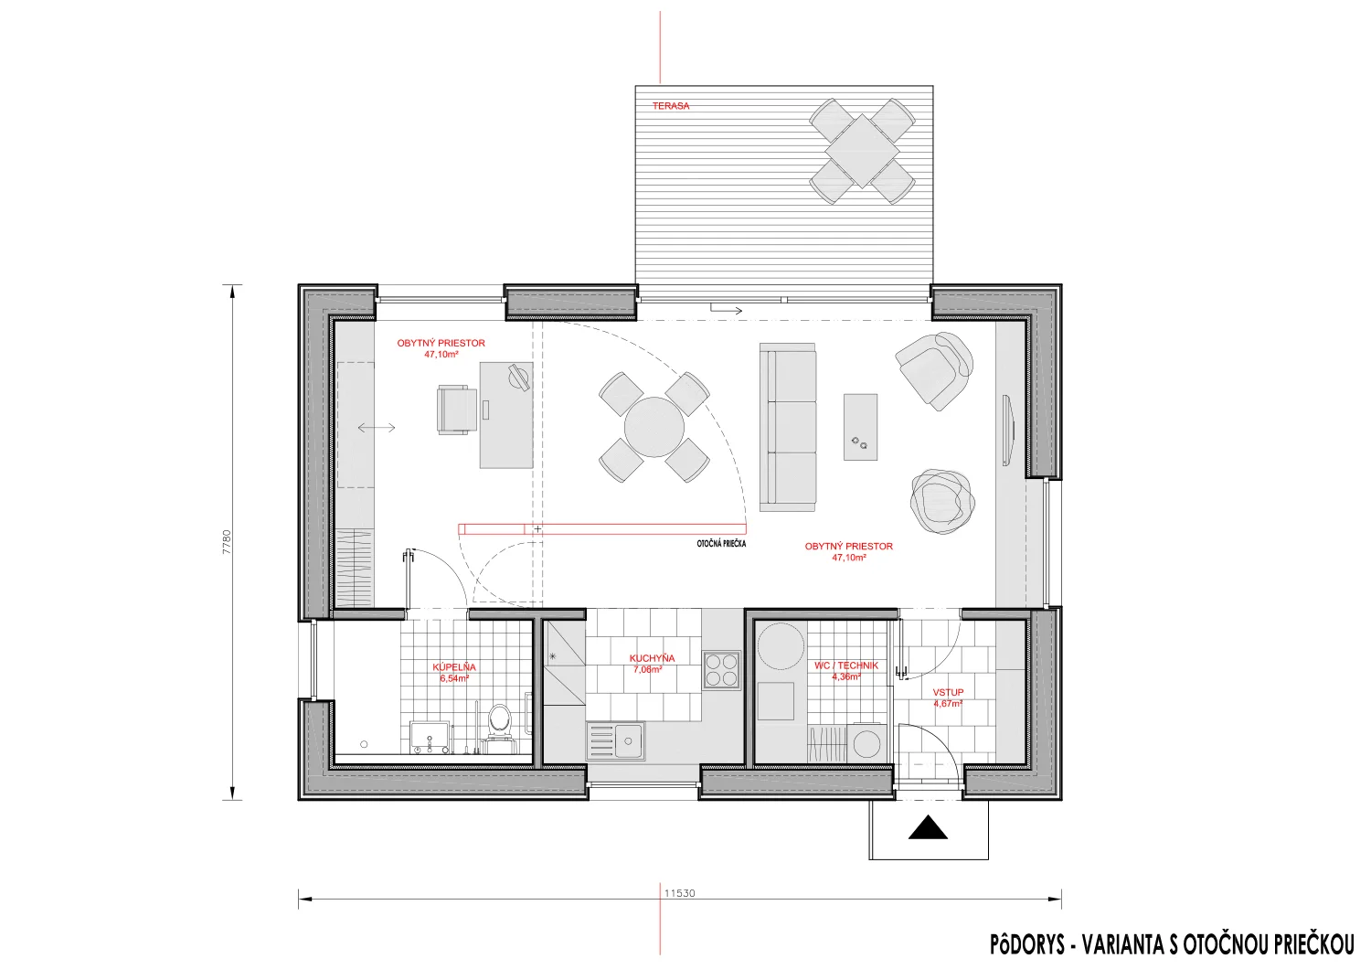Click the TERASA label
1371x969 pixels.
click(x=670, y=106)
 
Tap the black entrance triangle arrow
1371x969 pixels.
click(x=928, y=827)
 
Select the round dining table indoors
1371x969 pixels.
click(x=654, y=427)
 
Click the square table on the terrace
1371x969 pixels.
click(x=862, y=151)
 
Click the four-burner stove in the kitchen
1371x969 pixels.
click(x=721, y=669)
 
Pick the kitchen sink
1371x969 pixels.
click(x=615, y=740)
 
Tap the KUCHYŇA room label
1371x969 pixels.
click(x=652, y=658)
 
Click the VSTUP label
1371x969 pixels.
click(x=948, y=692)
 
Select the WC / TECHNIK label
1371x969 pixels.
click(x=845, y=666)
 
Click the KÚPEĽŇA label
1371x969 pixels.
click(x=454, y=667)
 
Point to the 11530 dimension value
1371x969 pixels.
click(x=679, y=893)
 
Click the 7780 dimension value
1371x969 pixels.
click(x=227, y=542)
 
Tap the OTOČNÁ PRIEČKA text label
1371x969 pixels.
click(x=721, y=544)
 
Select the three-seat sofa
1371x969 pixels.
click(x=788, y=427)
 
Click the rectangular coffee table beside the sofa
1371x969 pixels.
click(x=860, y=427)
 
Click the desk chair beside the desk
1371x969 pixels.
click(x=457, y=410)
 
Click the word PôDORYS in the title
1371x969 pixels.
click(x=1027, y=944)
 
